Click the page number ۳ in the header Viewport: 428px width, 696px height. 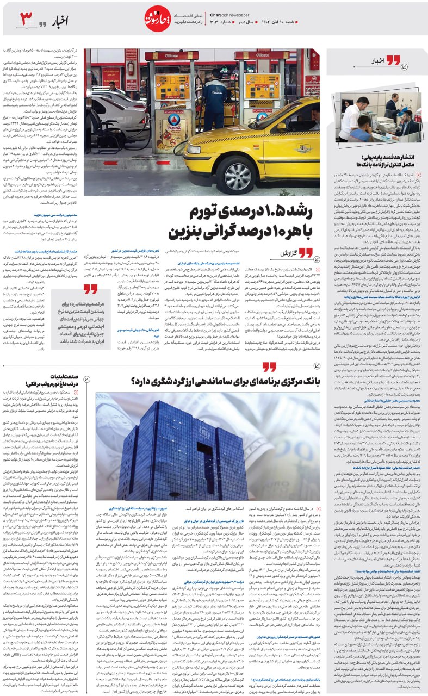click(x=27, y=19)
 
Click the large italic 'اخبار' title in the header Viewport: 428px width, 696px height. click(x=61, y=21)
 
